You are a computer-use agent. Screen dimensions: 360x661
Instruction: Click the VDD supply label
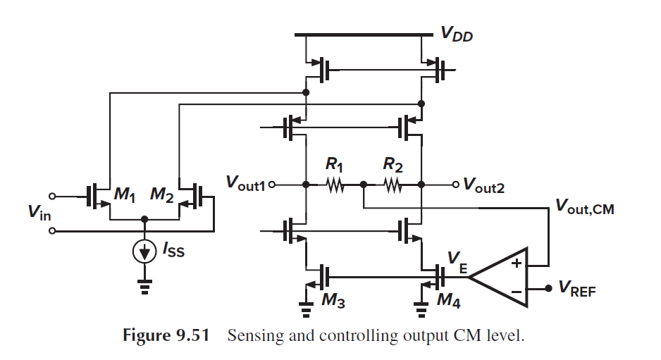(x=457, y=34)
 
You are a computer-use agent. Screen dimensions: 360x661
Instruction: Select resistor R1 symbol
(x=334, y=185)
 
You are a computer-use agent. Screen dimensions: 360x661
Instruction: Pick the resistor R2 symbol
(x=392, y=185)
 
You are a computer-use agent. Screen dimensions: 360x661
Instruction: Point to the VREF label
(x=576, y=288)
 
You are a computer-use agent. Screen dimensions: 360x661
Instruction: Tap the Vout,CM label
(x=584, y=207)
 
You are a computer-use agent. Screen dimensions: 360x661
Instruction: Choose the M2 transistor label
(x=161, y=197)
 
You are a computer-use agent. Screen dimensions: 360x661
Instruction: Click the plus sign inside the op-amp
(x=515, y=265)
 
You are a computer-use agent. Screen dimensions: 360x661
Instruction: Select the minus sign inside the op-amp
(x=515, y=289)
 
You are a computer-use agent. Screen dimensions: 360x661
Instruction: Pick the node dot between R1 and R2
(x=363, y=185)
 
